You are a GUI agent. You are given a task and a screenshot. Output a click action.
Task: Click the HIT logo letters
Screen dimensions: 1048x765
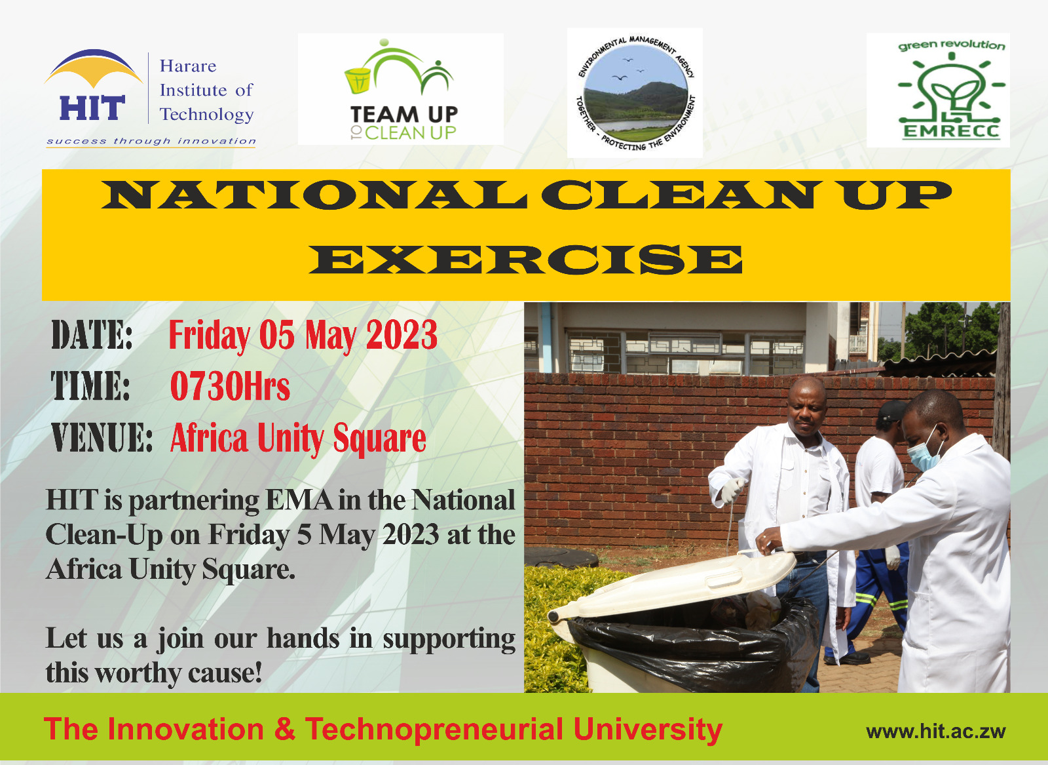coord(92,108)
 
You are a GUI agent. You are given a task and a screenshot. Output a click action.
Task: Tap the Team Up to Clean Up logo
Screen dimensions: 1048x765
coord(401,89)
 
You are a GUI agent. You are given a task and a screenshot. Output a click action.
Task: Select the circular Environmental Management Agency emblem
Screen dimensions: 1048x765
coord(635,92)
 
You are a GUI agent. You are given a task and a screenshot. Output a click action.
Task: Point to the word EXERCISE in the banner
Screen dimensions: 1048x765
coord(525,260)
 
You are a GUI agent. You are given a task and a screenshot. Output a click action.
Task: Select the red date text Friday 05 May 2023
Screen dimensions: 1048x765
coord(303,335)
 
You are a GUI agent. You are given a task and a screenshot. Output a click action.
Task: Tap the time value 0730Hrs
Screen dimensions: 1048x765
coord(230,386)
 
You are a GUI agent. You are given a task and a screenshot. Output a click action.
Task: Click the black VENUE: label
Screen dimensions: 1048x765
coord(102,438)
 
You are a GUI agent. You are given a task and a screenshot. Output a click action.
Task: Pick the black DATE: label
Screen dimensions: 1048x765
coord(92,335)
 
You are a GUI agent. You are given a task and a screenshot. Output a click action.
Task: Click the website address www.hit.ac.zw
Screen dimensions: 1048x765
coord(936,732)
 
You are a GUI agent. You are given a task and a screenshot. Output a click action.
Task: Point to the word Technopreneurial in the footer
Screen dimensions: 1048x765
coord(434,730)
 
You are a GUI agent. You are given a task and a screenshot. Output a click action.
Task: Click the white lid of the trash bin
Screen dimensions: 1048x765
coord(674,585)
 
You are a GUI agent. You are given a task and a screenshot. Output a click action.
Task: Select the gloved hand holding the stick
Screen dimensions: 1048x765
coord(732,490)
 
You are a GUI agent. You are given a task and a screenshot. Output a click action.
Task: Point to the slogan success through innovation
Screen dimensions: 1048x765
coord(151,141)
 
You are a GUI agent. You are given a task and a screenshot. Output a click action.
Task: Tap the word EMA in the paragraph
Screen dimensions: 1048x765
coord(299,500)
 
